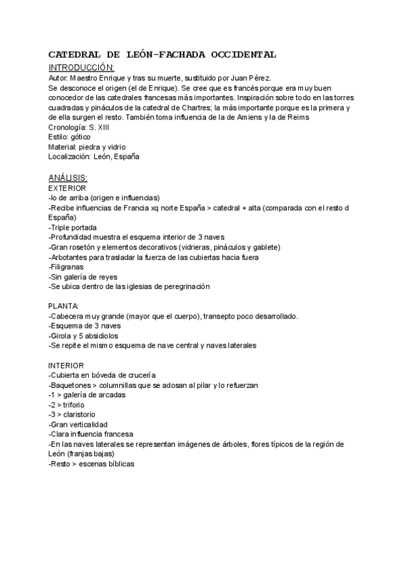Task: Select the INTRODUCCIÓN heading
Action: (x=81, y=68)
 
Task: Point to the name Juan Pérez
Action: (x=252, y=78)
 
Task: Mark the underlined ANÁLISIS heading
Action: (x=68, y=177)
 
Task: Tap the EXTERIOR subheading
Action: (x=67, y=188)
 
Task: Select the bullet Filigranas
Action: (x=67, y=267)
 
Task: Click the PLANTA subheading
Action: (x=64, y=306)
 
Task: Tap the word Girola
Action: (x=62, y=335)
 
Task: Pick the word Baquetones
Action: (x=70, y=384)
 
